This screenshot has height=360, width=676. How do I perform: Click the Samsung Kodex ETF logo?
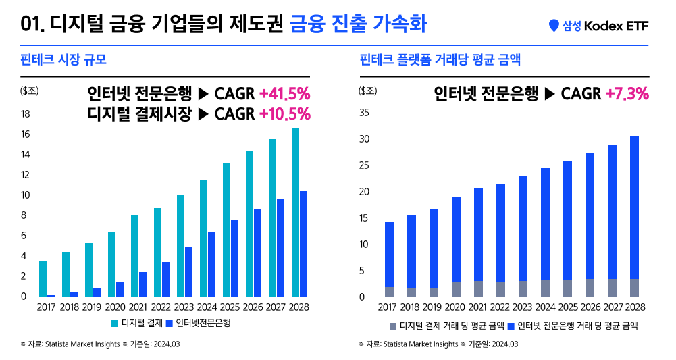point(598,26)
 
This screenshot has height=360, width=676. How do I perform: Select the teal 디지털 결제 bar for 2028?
point(296,212)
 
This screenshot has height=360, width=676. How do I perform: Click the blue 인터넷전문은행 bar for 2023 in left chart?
point(189,272)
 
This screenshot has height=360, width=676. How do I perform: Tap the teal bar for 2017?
point(43,278)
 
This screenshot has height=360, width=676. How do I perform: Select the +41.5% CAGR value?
point(284,93)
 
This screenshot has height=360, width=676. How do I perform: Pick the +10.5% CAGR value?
point(284,113)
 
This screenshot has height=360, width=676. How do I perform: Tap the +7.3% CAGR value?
point(627,93)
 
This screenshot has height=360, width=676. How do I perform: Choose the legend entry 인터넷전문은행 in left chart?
point(203,324)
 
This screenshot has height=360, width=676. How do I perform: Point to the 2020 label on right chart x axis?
point(456,308)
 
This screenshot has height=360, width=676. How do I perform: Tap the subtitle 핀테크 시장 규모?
point(64,60)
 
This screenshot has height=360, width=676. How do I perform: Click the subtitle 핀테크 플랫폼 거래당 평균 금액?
point(440,60)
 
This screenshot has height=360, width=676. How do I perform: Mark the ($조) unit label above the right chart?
point(369,90)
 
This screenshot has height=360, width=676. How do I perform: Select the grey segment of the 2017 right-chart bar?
point(389,292)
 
